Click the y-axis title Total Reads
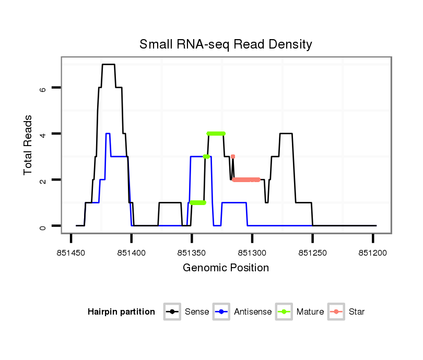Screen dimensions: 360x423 tap(29, 145)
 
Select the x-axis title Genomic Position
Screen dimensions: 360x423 tap(226, 268)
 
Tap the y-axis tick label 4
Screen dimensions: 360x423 tap(43, 134)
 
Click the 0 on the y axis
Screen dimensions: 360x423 tap(43, 226)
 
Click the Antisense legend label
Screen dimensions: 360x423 tap(253, 312)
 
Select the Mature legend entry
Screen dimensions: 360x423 tap(310, 312)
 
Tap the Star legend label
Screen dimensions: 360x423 tap(356, 312)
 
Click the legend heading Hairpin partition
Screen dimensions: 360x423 tap(121, 312)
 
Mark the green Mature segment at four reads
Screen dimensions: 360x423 tap(216, 134)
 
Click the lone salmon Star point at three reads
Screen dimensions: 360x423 tap(233, 157)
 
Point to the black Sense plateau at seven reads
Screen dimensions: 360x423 tap(108, 64)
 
